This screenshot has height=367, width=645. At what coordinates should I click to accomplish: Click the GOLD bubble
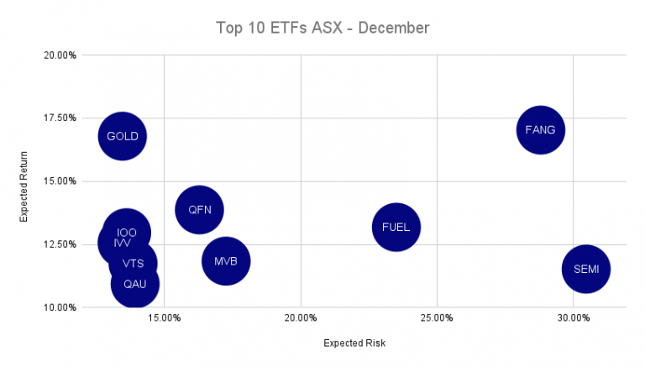point(123,136)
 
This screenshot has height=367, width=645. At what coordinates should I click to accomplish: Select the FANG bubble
point(540,130)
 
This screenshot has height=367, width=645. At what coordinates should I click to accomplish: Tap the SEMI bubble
point(585,270)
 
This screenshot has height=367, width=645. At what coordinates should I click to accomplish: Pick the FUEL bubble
point(396,227)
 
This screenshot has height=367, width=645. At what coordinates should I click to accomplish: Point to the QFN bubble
point(199,210)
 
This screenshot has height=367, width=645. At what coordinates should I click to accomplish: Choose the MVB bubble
point(226,261)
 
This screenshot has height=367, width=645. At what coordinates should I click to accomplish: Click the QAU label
point(134,284)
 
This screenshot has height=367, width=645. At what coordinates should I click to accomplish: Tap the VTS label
point(133,264)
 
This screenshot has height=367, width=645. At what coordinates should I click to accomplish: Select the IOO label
point(127,233)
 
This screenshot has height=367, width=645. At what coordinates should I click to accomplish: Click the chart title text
point(322,28)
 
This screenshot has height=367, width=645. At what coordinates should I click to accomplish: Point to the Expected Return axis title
point(25,186)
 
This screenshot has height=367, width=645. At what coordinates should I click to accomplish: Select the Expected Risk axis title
point(354,343)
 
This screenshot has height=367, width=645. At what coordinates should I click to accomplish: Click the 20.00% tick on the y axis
point(60,55)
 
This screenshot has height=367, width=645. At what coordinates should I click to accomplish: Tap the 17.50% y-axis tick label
point(60,118)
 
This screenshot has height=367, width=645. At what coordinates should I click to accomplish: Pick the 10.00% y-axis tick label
point(60,307)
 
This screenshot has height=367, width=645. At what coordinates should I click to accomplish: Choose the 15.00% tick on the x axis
point(164,318)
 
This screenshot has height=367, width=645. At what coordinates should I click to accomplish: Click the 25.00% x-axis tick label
point(437,318)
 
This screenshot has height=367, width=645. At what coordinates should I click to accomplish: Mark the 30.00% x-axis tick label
point(574,318)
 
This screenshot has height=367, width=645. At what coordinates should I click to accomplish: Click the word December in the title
point(397,28)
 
